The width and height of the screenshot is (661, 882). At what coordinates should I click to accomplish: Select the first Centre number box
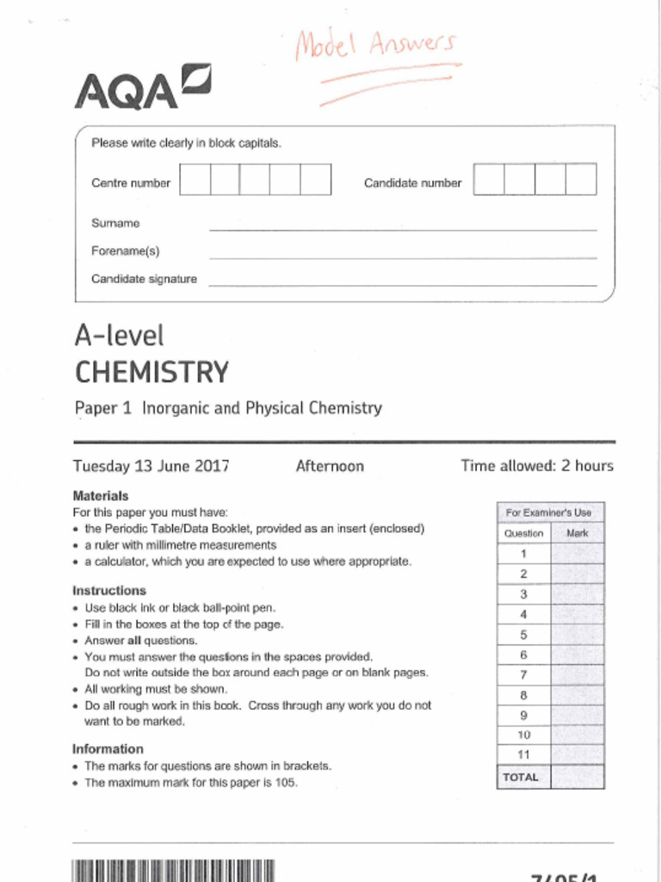(195, 179)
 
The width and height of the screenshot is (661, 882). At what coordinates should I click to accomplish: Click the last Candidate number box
(581, 179)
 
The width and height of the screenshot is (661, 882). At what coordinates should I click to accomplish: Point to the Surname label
(115, 223)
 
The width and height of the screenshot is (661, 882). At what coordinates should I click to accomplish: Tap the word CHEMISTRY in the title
(152, 372)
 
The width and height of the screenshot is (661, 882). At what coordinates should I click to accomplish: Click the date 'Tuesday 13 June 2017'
(151, 466)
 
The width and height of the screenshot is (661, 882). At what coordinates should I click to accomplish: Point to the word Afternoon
(330, 466)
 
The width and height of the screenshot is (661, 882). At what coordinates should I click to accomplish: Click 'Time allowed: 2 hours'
(537, 466)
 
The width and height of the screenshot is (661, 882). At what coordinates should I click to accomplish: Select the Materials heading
(101, 496)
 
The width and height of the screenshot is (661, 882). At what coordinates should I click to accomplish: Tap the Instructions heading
(109, 591)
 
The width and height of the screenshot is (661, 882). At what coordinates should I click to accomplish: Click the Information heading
(108, 748)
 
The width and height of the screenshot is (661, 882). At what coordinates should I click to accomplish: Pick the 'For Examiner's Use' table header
(550, 512)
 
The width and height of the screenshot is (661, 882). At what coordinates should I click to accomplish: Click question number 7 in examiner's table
(523, 674)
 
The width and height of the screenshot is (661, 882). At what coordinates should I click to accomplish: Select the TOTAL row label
(521, 777)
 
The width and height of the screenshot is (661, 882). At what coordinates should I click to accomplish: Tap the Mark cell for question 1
(577, 553)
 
